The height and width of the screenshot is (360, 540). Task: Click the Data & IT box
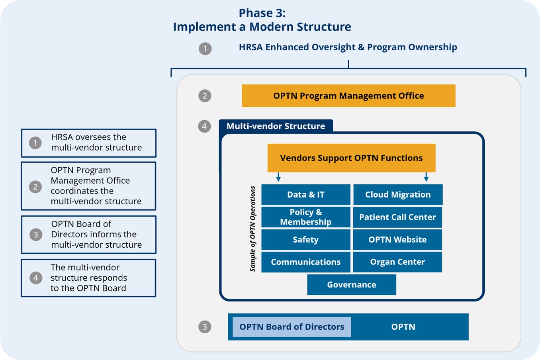click(306, 195)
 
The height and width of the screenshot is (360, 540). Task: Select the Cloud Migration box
click(398, 195)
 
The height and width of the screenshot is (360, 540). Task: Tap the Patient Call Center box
click(397, 217)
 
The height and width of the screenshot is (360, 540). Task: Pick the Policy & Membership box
click(306, 217)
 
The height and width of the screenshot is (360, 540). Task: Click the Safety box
click(306, 240)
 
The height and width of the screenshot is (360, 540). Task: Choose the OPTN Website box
click(397, 240)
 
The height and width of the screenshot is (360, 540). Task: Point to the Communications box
click(306, 262)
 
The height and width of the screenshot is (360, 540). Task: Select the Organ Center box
click(397, 262)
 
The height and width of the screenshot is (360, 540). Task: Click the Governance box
click(352, 285)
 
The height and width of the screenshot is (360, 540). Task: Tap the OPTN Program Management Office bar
click(348, 96)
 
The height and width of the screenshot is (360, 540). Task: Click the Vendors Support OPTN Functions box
click(351, 158)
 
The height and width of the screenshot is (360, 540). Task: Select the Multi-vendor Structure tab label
click(276, 126)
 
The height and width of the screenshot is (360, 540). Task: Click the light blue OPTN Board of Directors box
click(292, 327)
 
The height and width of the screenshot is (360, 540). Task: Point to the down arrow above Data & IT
click(278, 177)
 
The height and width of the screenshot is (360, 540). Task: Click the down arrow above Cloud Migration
click(426, 177)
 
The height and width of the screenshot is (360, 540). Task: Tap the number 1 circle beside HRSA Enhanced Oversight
click(205, 49)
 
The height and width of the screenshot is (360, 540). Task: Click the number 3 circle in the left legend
click(36, 235)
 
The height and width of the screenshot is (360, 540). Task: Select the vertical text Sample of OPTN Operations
click(252, 229)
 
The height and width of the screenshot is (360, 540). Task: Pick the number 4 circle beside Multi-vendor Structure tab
click(204, 126)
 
